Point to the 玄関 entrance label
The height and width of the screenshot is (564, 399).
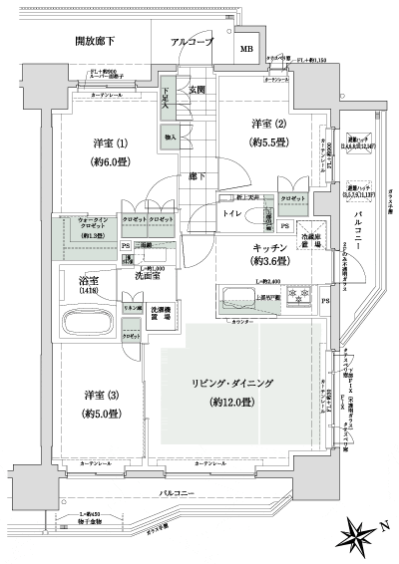198,91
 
